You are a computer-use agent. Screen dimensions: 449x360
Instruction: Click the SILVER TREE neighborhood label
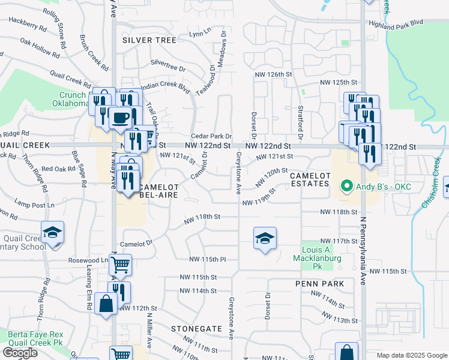149,40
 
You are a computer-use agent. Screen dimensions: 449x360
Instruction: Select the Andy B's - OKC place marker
346,187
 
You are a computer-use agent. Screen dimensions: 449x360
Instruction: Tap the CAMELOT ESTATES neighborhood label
310,179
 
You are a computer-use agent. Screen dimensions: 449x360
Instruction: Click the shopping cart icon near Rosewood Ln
121,264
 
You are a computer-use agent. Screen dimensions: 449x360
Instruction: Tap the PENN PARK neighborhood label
319,283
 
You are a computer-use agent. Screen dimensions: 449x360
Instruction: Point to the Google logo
20,353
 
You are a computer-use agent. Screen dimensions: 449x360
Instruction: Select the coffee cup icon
120,117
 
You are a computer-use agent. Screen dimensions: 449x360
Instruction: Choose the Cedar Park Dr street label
211,136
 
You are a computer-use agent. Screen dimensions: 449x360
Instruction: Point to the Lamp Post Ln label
34,205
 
